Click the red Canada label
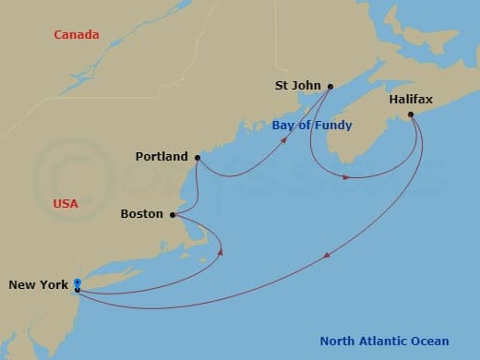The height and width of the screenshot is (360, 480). click(77, 35)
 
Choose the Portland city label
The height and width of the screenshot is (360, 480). click(161, 157)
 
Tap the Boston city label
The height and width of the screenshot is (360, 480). click(141, 214)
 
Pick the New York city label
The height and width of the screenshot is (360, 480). click(38, 285)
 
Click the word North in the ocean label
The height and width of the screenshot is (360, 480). click(340, 342)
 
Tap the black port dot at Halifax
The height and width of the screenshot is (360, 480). click(411, 115)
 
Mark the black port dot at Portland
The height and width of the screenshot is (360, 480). click(198, 158)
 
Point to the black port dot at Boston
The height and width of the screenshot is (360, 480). click(174, 214)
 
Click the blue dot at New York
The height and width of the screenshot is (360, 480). click(78, 282)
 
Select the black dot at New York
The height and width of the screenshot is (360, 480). click(78, 290)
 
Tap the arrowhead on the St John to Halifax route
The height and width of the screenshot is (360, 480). click(346, 176)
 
